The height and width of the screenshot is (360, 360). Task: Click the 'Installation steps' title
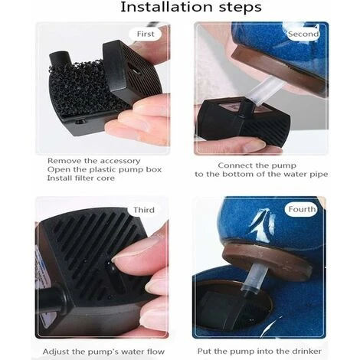pyautogui.click(x=191, y=7)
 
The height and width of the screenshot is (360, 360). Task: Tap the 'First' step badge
pyautogui.click(x=145, y=34)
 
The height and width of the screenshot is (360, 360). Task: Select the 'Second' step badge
pyautogui.click(x=303, y=34)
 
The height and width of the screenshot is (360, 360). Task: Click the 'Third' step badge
pyautogui.click(x=144, y=210)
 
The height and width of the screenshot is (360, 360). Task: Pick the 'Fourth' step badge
pyautogui.click(x=302, y=209)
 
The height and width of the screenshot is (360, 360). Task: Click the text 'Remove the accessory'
pyautogui.click(x=94, y=161)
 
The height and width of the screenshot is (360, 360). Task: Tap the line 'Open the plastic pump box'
pyautogui.click(x=104, y=169)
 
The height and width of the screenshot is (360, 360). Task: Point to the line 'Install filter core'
pyautogui.click(x=81, y=178)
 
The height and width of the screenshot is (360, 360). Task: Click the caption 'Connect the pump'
pyautogui.click(x=257, y=165)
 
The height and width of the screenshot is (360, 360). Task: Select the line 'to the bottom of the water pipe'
pyautogui.click(x=261, y=174)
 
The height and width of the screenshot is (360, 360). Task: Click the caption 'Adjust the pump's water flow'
pyautogui.click(x=103, y=352)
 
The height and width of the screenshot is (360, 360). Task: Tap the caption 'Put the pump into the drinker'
pyautogui.click(x=259, y=352)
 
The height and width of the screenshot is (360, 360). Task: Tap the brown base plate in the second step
pyautogui.click(x=277, y=67)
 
